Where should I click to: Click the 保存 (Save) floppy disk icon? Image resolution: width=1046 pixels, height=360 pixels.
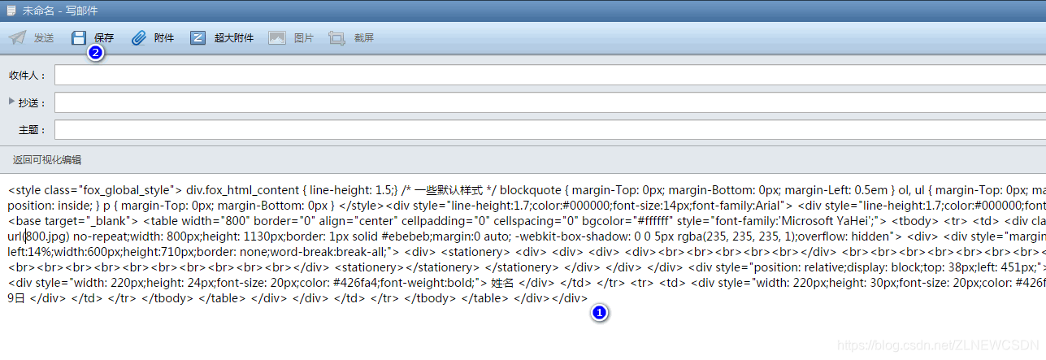79,38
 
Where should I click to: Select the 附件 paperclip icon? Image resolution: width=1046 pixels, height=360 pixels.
139,38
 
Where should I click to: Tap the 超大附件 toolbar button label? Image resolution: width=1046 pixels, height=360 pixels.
234,38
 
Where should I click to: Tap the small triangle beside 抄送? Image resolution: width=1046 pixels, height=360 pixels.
11,102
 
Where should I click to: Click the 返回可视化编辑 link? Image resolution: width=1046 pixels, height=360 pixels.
47,160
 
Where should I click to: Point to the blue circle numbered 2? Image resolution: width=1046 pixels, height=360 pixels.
95,54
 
